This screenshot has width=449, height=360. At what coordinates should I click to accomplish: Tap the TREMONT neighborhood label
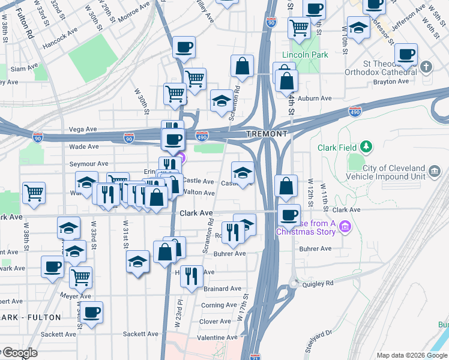tap(267, 133)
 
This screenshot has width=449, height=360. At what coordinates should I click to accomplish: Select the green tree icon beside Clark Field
tap(365, 146)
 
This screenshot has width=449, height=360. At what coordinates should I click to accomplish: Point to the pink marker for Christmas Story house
tap(345, 226)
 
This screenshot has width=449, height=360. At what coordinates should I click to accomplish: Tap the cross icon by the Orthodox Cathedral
tap(426, 67)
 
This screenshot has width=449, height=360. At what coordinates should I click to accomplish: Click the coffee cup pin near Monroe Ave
tap(184, 47)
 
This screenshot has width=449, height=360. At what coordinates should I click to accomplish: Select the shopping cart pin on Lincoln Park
tap(298, 27)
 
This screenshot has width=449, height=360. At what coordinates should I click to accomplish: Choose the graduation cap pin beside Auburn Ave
tap(221, 100)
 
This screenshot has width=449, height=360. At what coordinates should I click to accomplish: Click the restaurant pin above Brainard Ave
tap(191, 276)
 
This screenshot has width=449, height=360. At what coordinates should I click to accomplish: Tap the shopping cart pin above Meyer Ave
tap(80, 277)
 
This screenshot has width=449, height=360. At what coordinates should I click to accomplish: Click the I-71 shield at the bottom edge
tap(255, 356)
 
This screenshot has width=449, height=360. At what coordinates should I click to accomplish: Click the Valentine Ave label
tap(215, 338)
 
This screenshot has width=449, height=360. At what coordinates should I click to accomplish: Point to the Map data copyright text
tap(411, 355)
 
